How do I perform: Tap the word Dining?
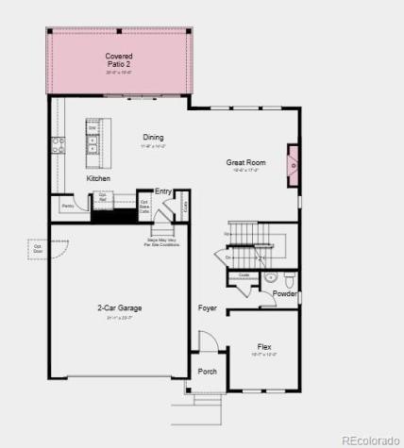(x=153, y=138)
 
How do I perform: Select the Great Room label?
(x=245, y=163)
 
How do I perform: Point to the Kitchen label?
(x=98, y=178)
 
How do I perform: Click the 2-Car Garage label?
(x=119, y=307)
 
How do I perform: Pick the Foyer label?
(x=208, y=308)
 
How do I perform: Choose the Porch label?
(x=207, y=372)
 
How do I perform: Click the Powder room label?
(x=285, y=293)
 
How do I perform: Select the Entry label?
(x=163, y=191)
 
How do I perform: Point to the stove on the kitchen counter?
(x=58, y=145)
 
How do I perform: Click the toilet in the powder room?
(x=290, y=279)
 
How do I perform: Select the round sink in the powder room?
(x=269, y=278)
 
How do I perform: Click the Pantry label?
(x=68, y=205)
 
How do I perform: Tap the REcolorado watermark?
(x=369, y=440)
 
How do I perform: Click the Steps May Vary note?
(x=163, y=242)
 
